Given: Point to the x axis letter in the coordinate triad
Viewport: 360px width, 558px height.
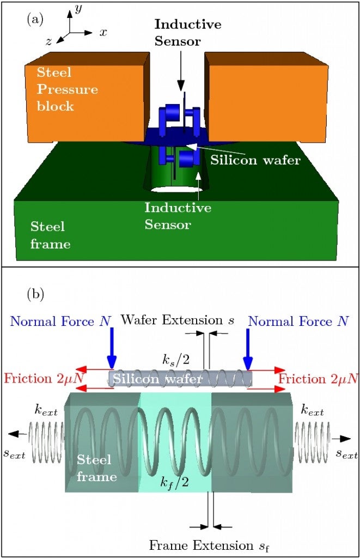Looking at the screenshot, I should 103,32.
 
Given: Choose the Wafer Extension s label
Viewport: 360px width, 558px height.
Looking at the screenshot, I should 178,320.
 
